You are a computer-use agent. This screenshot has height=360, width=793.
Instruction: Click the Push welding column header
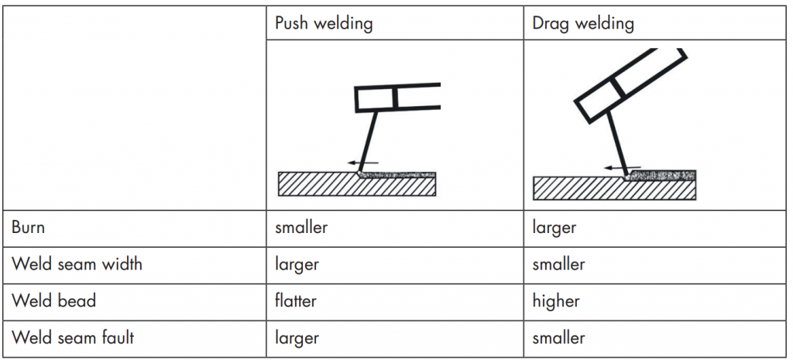(x=324, y=23)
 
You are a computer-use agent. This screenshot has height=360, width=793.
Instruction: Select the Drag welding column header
(x=582, y=23)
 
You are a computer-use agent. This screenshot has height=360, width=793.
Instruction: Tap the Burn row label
(x=28, y=228)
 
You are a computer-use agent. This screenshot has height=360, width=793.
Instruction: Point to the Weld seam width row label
(x=77, y=264)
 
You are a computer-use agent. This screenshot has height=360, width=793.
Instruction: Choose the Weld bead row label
(x=53, y=300)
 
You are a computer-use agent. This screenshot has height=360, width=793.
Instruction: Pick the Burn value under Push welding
(x=301, y=228)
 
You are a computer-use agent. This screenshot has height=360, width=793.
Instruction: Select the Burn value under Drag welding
(x=554, y=228)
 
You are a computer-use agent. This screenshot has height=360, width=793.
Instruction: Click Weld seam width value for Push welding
(x=297, y=264)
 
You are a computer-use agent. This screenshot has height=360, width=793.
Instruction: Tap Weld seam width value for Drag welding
(x=558, y=264)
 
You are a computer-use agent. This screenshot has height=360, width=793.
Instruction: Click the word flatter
(x=296, y=300)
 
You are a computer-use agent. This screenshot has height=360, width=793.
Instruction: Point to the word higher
(x=555, y=300)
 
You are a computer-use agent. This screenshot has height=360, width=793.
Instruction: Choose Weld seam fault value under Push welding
(x=297, y=338)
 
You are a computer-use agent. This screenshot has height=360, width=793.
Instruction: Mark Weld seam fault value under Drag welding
(x=558, y=338)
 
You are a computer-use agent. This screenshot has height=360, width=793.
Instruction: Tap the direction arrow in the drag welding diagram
(x=622, y=166)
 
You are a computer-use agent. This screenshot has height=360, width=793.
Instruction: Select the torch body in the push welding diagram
(x=396, y=98)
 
